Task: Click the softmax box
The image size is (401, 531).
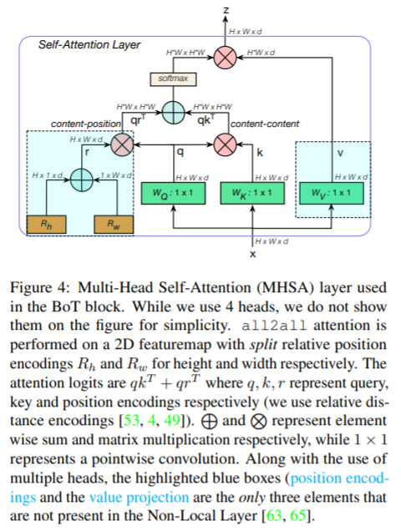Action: pos(173,79)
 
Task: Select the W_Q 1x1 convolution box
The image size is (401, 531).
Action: pos(173,193)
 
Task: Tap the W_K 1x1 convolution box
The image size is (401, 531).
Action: pos(252,193)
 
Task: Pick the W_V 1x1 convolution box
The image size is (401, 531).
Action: pos(332,193)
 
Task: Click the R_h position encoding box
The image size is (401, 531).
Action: pos(47,225)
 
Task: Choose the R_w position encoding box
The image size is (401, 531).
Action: pos(114,225)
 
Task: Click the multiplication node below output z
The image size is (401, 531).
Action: pos(225,58)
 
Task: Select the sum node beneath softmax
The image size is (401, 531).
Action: pos(173,113)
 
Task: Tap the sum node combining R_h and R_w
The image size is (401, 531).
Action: pos(82,180)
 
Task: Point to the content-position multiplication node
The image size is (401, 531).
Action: pos(122,145)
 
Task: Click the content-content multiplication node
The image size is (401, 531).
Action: pos(225,145)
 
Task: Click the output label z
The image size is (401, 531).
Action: pos(226,10)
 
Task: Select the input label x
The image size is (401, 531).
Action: pos(253,254)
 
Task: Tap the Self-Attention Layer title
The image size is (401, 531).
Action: pos(89,45)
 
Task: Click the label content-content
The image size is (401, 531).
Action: pos(265,124)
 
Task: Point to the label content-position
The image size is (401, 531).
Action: pos(86,124)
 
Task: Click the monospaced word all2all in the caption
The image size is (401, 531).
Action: pos(274,326)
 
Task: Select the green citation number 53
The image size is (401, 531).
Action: pos(131,420)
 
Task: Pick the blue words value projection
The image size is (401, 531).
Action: pos(139,498)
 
